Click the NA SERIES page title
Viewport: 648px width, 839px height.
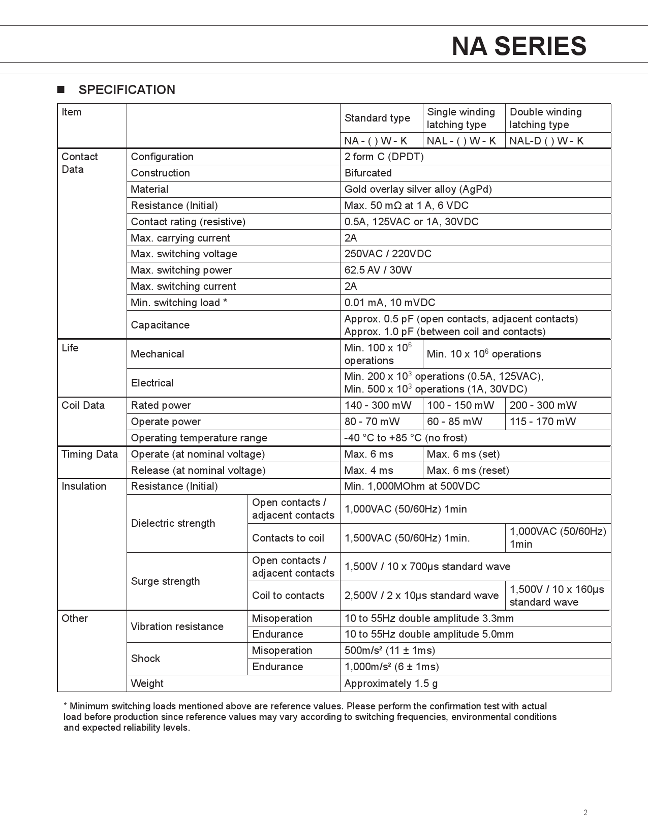pos(519,46)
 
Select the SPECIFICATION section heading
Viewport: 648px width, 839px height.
pos(127,90)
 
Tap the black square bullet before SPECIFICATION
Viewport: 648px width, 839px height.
pos(61,90)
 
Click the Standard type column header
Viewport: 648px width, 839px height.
pos(377,118)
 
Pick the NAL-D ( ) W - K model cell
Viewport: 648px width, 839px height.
pos(546,141)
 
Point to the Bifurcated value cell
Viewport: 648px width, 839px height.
pos(368,173)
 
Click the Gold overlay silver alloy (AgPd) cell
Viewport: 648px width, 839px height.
pos(418,189)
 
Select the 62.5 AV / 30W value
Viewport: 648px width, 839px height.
pos(378,270)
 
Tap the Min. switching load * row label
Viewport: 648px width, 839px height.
pos(179,303)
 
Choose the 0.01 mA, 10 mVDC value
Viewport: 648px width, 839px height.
pos(390,303)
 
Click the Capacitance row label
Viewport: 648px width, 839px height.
pos(160,325)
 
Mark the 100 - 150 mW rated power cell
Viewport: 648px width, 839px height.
pos(460,405)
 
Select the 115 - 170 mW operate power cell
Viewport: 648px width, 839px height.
pos(543,422)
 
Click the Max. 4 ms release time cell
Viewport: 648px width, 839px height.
pos(369,470)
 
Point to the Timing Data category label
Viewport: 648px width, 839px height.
pos(89,454)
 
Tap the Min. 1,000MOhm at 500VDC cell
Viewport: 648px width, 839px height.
pos(412,486)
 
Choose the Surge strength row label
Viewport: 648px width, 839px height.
pos(165,581)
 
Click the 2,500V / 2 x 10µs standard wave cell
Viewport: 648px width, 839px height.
pos(421,595)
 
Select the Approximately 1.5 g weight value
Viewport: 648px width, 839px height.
pos(391,683)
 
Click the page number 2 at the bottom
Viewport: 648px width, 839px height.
pos(585,813)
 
